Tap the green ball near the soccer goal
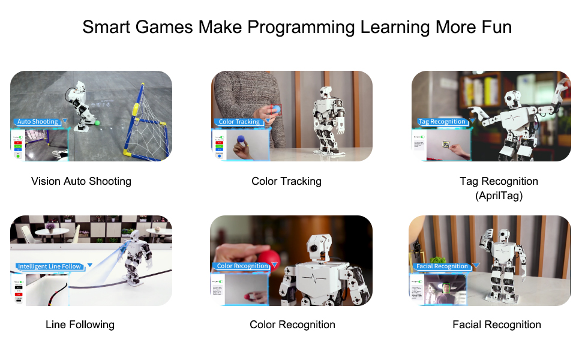(x=98, y=122)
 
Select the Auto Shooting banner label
(x=37, y=122)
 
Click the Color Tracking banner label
(x=239, y=122)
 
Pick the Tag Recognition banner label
(x=442, y=122)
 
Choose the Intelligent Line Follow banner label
(x=49, y=266)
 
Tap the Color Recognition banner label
(x=242, y=266)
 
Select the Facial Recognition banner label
(x=442, y=266)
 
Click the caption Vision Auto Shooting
(x=81, y=181)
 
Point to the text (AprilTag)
(x=499, y=196)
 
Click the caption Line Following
(x=80, y=325)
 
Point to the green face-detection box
(x=445, y=286)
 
